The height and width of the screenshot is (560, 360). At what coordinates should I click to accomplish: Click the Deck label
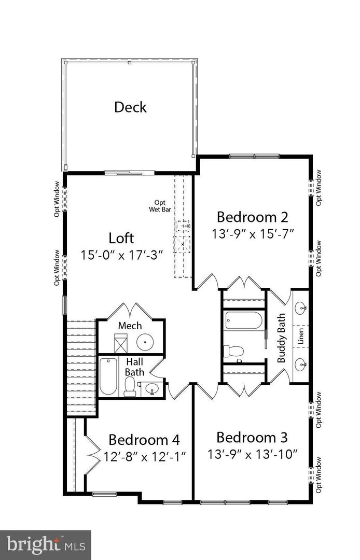(x=130, y=107)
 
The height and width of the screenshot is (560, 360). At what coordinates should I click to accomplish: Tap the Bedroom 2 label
(x=252, y=216)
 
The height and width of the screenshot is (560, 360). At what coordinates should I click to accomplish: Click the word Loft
(x=121, y=238)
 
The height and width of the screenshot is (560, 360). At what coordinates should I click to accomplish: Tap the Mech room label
(x=130, y=326)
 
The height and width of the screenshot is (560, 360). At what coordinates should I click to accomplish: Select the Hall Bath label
(x=134, y=366)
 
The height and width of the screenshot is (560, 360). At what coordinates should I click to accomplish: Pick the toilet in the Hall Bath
(x=130, y=386)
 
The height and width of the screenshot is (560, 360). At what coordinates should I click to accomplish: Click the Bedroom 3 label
(x=252, y=437)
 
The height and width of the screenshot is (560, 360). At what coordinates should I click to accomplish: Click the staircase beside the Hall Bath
(x=81, y=366)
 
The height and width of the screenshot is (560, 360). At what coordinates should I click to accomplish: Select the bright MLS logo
(x=45, y=544)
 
